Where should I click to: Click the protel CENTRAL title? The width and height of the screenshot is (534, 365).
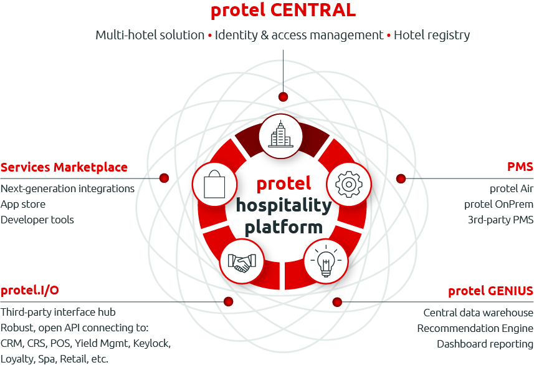click(x=283, y=10)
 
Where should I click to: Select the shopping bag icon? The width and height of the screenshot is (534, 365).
click(x=213, y=184)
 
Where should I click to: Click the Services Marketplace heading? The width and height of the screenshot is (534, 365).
click(x=64, y=167)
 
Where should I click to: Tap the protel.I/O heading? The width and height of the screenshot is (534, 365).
click(x=30, y=291)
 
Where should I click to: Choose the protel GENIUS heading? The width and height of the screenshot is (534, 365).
click(x=490, y=291)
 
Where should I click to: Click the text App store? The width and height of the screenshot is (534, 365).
click(x=23, y=204)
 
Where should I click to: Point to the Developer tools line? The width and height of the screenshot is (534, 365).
click(x=37, y=220)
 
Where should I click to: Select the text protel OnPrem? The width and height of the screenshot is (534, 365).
click(x=498, y=204)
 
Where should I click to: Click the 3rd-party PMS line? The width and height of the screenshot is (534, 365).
click(x=500, y=220)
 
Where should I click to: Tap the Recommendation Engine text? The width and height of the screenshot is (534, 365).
click(x=475, y=328)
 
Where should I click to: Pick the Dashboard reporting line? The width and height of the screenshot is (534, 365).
click(x=485, y=344)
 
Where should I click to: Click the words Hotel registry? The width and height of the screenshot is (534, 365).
click(x=432, y=35)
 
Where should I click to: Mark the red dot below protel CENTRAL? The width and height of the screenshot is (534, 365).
click(x=283, y=97)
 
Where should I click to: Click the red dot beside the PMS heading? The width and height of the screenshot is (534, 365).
click(x=401, y=178)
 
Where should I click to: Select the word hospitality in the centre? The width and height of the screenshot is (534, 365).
click(x=284, y=205)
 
